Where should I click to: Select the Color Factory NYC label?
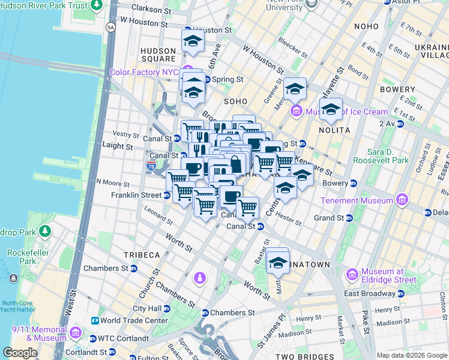[144, 72]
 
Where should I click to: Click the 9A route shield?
[110, 28]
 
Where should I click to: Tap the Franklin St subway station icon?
[166, 195]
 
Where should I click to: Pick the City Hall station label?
[147, 308]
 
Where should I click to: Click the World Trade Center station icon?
[95, 320]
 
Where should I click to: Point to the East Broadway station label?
[368, 293]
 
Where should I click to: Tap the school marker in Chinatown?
[277, 262]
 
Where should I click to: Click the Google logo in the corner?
[20, 353]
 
